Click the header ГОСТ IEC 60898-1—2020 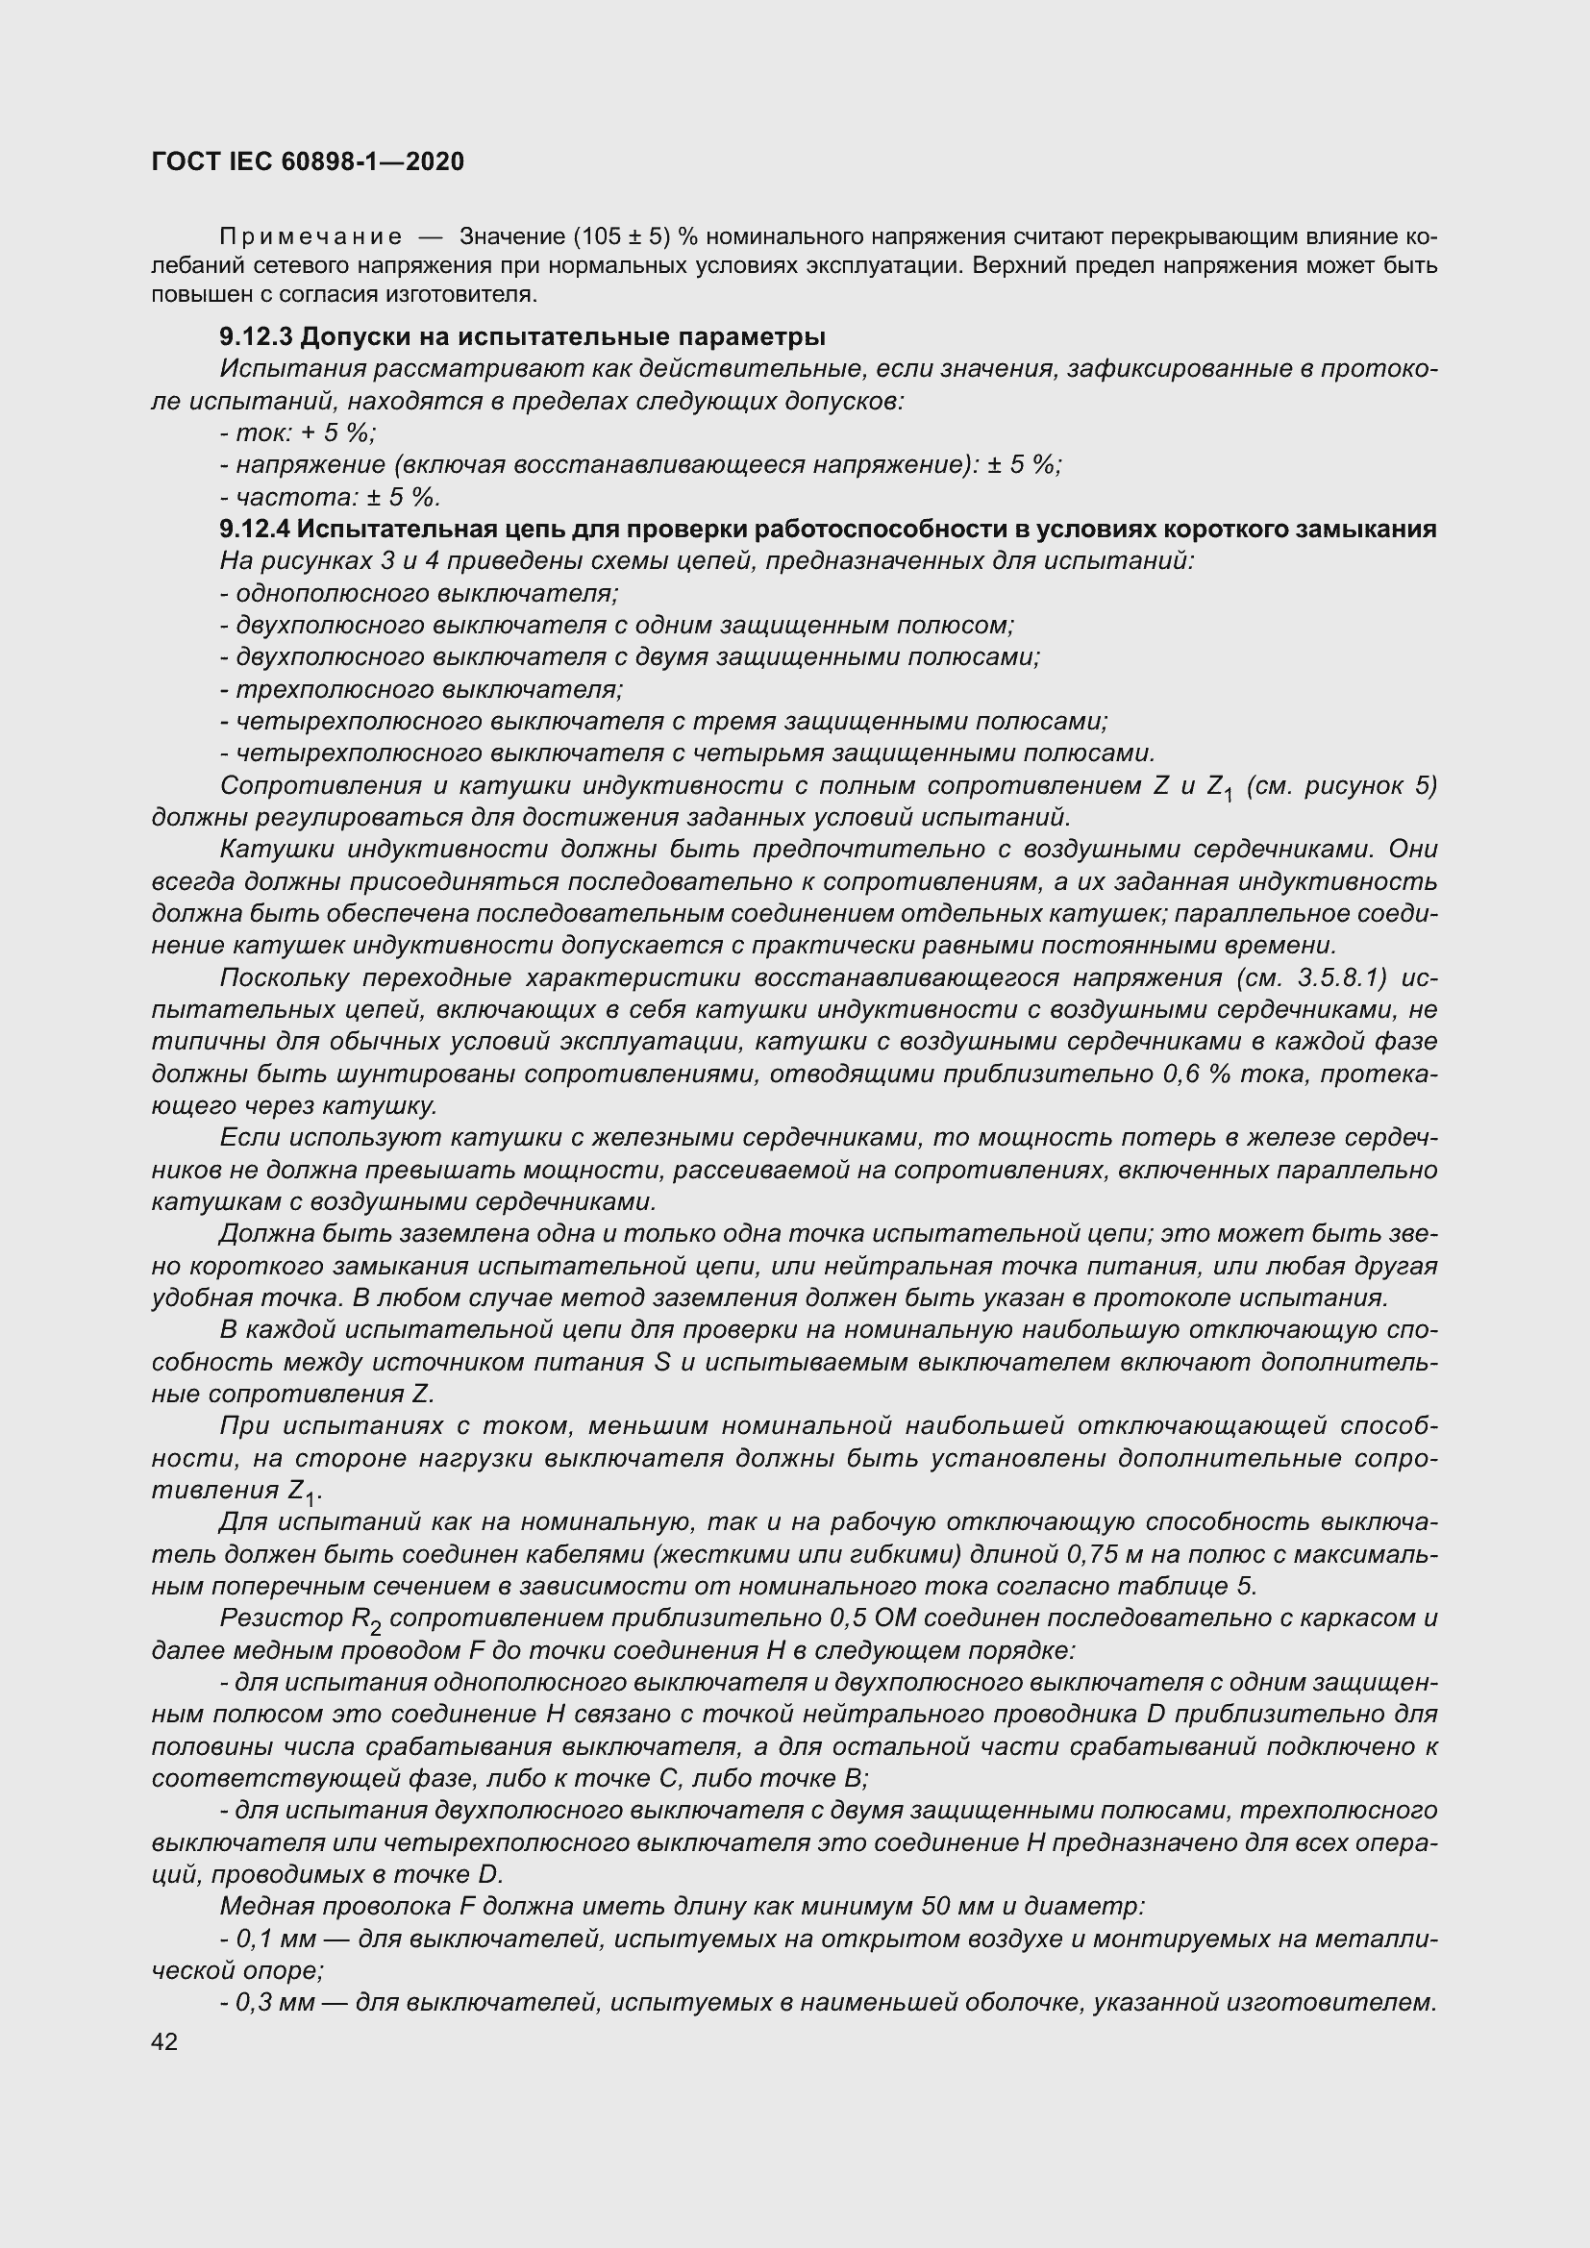coord(308,161)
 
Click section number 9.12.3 coord(256,336)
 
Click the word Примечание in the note coord(311,236)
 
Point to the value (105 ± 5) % coord(634,236)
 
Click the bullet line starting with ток coord(299,432)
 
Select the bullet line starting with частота coord(331,496)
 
